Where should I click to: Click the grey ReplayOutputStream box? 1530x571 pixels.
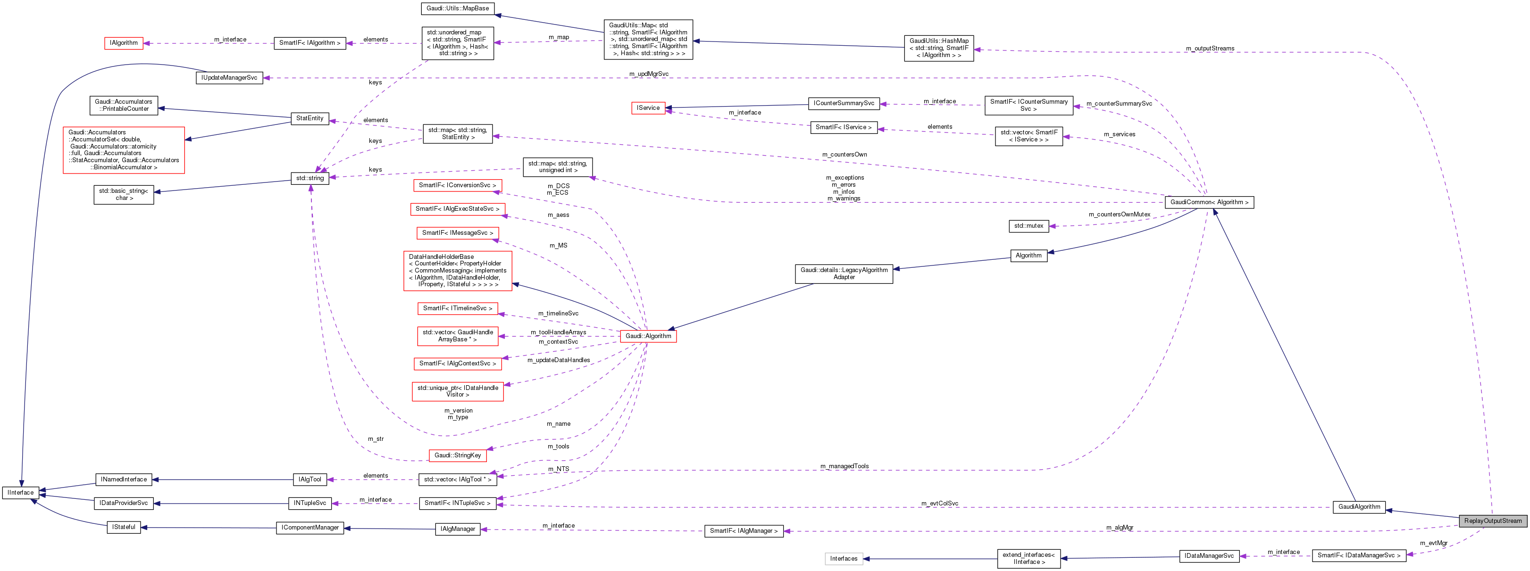[x=1493, y=521]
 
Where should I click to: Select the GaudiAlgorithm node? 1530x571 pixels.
[x=1359, y=506]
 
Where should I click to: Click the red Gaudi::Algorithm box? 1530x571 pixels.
[x=648, y=336]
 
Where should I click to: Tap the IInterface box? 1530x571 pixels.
[x=21, y=492]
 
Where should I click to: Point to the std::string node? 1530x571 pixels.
[x=309, y=178]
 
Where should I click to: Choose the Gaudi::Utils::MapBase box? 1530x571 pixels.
[x=457, y=8]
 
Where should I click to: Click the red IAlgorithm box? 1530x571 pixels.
[x=124, y=43]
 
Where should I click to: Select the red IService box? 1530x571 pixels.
[x=648, y=108]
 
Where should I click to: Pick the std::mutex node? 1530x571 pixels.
[x=1028, y=225]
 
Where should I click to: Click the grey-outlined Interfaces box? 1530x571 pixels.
[x=844, y=559]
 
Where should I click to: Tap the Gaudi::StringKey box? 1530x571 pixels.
[x=457, y=455]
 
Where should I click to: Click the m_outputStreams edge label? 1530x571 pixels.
[x=1209, y=49]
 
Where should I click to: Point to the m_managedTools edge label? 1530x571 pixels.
[x=844, y=466]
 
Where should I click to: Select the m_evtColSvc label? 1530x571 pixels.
[x=940, y=503]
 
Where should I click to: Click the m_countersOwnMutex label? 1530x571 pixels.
[x=1119, y=214]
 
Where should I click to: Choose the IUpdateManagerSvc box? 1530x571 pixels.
[x=229, y=78]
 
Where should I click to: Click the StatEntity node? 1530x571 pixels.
[x=309, y=118]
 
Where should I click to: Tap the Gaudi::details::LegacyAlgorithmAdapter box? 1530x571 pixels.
[x=844, y=273]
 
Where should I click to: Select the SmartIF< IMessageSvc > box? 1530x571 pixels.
[x=457, y=232]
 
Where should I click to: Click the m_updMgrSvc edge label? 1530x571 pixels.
[x=649, y=74]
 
